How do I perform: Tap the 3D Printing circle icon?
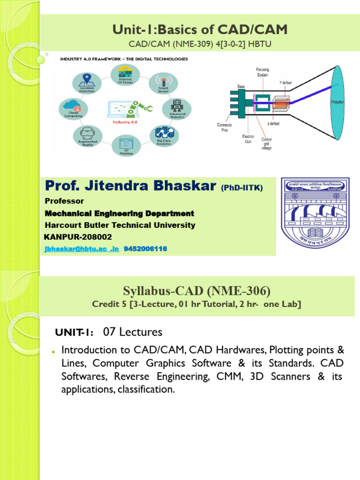point(126,146)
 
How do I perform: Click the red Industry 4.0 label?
point(126,122)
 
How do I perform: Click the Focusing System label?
point(262,72)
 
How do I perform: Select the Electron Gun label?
point(248,139)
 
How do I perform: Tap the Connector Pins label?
point(225,127)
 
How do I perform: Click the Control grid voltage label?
point(266,143)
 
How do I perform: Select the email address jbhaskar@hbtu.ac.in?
point(82,248)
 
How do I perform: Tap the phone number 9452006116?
point(145,248)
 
